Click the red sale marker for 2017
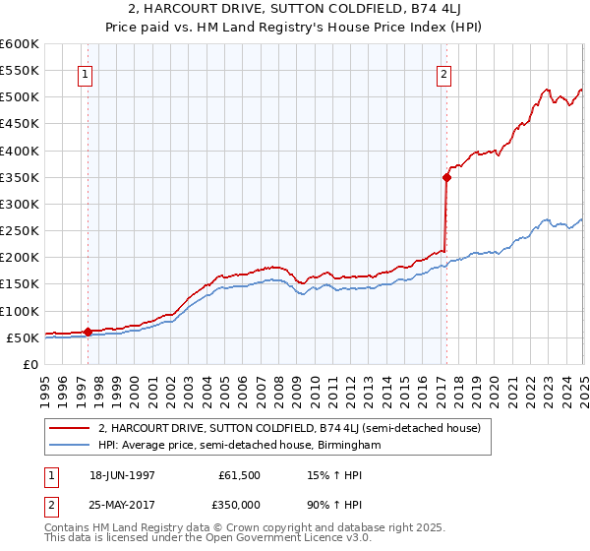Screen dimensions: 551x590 pyautogui.click(x=446, y=178)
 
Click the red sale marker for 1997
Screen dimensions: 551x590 pyautogui.click(x=88, y=332)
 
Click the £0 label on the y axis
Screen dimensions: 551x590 pyautogui.click(x=29, y=364)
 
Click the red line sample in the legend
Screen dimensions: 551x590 pyautogui.click(x=70, y=428)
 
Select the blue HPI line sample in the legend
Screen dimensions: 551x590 pyautogui.click(x=70, y=445)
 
